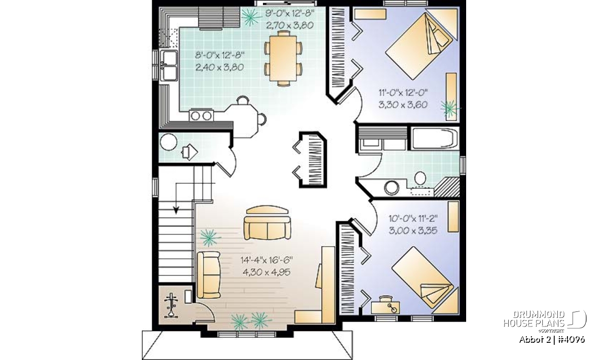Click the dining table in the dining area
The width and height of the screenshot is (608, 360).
coord(283,58)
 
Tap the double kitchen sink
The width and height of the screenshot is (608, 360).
coord(169,65)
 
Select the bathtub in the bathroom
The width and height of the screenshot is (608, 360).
coord(435,139)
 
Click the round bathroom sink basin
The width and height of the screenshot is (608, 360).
coord(391,188)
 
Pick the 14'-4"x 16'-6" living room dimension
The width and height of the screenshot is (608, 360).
coord(267,260)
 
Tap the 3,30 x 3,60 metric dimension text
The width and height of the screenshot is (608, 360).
coord(403,105)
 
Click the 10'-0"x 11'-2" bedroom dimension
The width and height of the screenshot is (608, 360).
coord(413,218)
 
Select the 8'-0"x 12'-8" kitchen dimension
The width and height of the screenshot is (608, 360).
coord(219,55)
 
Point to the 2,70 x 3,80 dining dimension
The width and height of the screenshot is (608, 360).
coord(290,25)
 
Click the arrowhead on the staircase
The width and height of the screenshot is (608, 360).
coord(176,210)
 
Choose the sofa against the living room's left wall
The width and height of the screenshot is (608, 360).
coord(208,275)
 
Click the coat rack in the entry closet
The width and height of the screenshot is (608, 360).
coord(171,305)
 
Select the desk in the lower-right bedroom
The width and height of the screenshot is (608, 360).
coord(385,308)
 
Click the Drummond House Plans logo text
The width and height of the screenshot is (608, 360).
coord(534,319)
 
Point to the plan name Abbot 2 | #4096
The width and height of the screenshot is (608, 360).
coord(552,340)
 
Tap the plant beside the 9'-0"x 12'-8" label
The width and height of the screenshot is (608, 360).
coord(250,17)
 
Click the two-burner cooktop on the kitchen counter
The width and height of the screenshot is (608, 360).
coord(201,115)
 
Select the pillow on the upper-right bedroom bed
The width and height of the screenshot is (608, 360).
coord(441,37)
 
